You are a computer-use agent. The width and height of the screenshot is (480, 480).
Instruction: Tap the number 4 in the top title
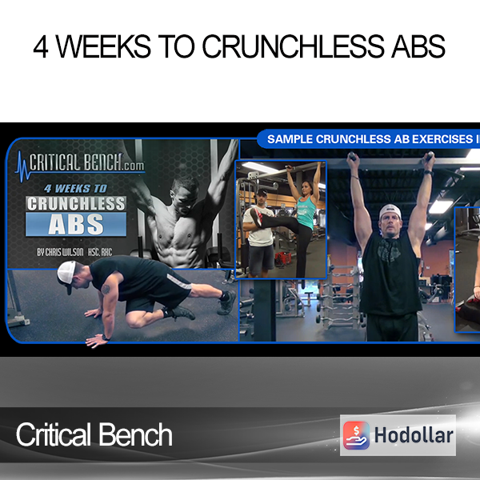41,46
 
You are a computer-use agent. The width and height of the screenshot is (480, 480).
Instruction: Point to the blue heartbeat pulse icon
22,166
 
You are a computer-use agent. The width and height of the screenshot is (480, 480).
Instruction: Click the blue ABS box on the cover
76,224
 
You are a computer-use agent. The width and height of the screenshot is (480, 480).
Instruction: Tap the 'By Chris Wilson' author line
74,252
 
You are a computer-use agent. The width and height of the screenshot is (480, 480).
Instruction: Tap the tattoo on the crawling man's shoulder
106,289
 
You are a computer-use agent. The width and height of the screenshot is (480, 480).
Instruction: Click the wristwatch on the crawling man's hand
106,338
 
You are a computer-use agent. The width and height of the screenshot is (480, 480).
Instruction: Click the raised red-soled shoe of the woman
256,217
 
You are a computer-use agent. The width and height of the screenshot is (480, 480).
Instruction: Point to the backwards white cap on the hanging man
390,211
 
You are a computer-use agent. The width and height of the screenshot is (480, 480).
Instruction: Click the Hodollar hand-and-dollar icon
356,435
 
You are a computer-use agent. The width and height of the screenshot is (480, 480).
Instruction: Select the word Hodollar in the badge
414,435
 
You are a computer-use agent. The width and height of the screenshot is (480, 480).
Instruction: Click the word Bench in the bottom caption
135,434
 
